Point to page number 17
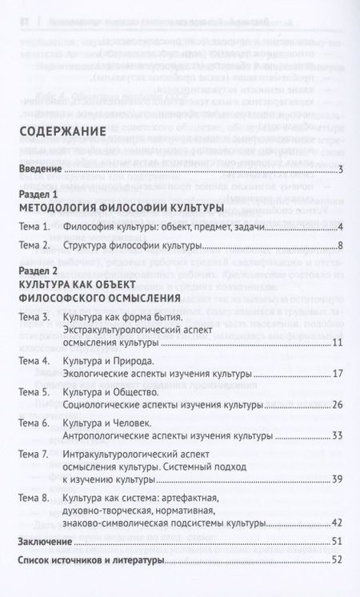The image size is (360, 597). coord(338,374)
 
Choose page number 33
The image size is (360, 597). coord(337,436)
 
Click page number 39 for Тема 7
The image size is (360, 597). coord(337,479)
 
